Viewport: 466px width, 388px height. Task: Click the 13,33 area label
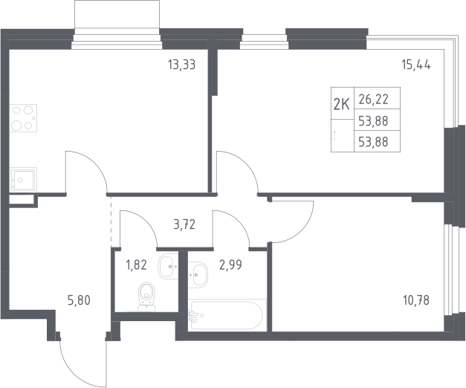click(182, 65)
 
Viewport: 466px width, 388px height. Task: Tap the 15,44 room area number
click(416, 65)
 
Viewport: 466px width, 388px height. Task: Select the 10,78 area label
click(416, 300)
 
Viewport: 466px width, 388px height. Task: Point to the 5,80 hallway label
click(79, 300)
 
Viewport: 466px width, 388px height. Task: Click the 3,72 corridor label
click(184, 224)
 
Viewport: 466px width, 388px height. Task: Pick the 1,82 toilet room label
click(137, 265)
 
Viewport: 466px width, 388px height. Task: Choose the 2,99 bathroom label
click(230, 265)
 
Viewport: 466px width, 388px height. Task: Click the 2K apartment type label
click(342, 104)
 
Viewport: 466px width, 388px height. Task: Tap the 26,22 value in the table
click(374, 100)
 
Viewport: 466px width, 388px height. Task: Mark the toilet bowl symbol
click(147, 297)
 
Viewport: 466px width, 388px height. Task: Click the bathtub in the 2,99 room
click(227, 315)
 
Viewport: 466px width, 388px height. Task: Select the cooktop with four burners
click(23, 118)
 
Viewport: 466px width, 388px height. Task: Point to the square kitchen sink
click(23, 179)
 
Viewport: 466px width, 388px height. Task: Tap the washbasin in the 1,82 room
click(168, 266)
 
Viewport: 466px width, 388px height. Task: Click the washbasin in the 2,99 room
click(198, 275)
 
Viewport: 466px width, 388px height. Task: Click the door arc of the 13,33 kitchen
click(95, 163)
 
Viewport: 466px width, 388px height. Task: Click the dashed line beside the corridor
click(111, 222)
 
